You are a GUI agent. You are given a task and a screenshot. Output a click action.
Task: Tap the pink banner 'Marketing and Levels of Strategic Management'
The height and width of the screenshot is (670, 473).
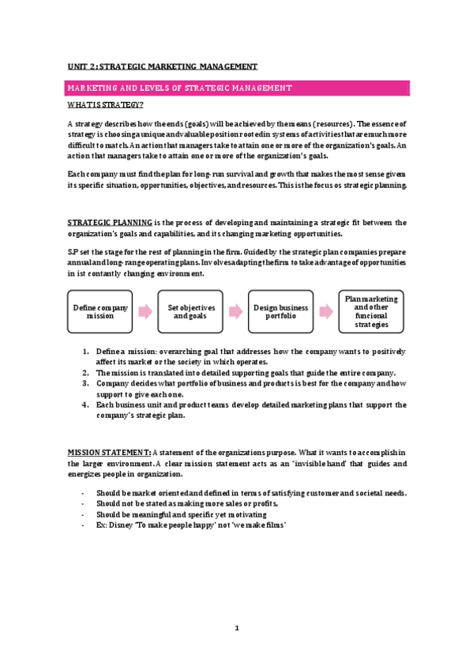[237, 88]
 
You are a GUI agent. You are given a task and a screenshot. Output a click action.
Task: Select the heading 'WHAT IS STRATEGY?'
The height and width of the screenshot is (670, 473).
[104, 105]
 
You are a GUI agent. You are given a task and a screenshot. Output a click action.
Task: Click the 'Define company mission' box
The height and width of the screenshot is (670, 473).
[99, 311]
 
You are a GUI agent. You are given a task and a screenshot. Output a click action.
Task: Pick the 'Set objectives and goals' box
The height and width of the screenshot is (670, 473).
[192, 311]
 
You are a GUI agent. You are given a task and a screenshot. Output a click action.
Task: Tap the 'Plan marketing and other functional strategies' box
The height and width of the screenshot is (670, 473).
[371, 311]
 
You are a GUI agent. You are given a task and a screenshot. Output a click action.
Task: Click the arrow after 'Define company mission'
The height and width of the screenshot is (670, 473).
[145, 311]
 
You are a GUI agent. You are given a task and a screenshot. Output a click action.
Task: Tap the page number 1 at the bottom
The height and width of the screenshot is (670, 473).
[236, 629]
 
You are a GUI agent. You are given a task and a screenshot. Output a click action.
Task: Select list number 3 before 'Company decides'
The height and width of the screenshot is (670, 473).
[85, 383]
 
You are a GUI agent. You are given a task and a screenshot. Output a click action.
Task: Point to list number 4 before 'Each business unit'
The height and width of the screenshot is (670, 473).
[85, 405]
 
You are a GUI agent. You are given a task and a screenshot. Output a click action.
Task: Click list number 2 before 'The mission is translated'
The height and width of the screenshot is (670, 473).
[85, 372]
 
